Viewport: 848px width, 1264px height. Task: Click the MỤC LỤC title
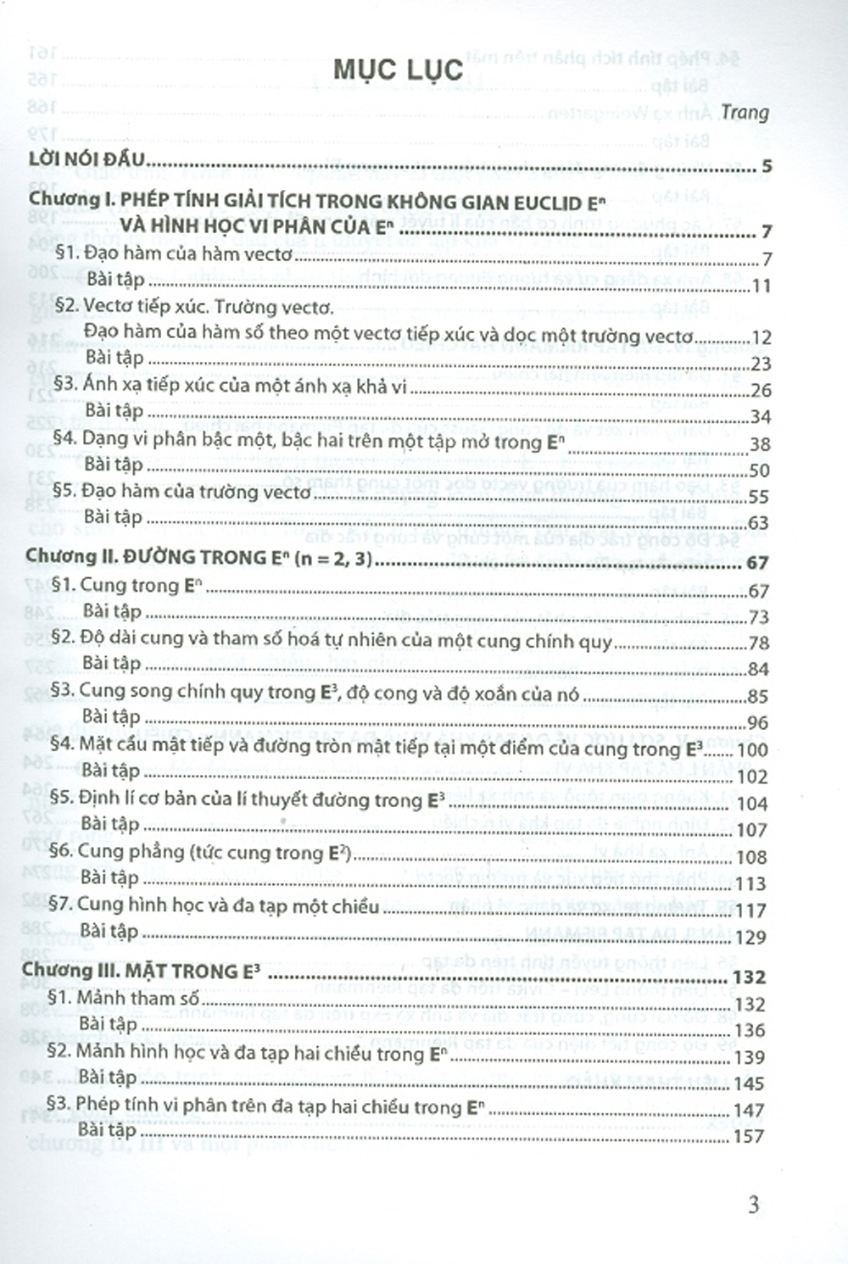pos(398,70)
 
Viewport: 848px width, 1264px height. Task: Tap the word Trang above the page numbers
pos(745,112)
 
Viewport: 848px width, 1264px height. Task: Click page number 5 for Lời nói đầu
pos(766,166)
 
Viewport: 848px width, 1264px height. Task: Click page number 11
pos(761,286)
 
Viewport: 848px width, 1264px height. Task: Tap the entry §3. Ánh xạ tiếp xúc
pos(231,386)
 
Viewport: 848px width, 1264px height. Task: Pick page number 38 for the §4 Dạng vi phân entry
pos(759,444)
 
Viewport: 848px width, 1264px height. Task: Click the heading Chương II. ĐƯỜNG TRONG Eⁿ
pos(198,557)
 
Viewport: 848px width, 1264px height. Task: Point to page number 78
pos(757,643)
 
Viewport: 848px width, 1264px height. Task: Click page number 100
pos(752,749)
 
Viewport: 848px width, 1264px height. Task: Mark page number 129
pos(750,937)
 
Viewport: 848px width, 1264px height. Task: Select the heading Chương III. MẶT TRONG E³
pos(140,972)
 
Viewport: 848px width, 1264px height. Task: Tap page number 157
pos(749,1136)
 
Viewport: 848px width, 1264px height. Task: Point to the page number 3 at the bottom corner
pos(753,1204)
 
